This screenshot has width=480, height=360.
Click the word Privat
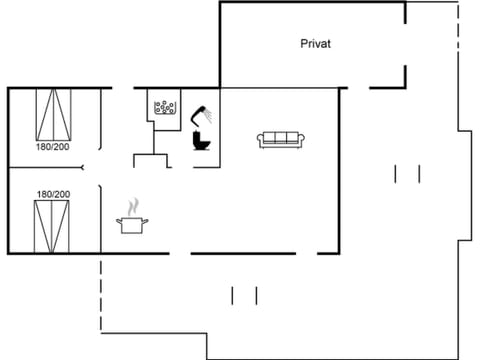tap(315, 44)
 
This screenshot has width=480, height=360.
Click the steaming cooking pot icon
tap(132, 225)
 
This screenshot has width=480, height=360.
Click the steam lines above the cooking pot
tap(132, 208)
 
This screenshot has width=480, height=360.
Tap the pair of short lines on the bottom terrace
tap(244, 296)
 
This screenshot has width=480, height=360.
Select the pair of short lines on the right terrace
tap(406, 173)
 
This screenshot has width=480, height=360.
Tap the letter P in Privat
tap(303, 44)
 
